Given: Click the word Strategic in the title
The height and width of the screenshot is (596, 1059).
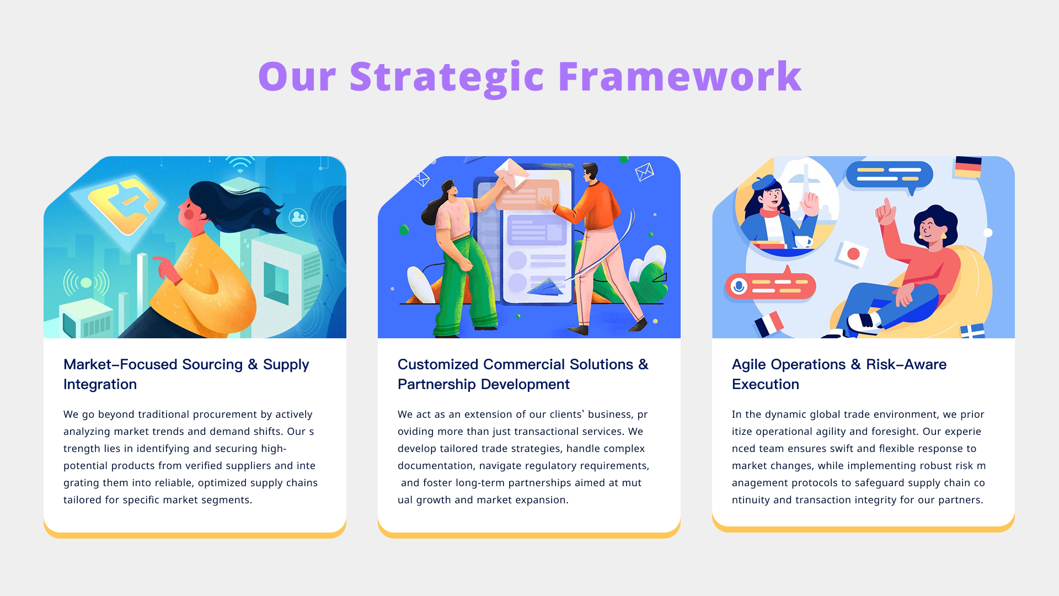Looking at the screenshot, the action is point(447,77).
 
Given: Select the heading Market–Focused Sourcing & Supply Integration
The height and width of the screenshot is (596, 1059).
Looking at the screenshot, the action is point(186,374).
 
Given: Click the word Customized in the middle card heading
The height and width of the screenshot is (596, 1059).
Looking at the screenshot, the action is point(438,364).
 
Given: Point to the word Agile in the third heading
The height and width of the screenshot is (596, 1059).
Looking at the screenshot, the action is point(749,365).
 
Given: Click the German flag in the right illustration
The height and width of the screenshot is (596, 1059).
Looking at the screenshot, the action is point(968,167).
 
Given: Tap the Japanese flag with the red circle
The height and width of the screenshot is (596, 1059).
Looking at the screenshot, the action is point(852,254).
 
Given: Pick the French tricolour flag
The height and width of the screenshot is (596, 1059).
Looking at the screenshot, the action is point(769,324).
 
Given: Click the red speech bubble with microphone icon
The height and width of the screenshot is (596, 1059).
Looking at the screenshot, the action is point(770,285).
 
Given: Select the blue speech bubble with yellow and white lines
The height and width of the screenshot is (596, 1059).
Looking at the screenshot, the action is point(889,175).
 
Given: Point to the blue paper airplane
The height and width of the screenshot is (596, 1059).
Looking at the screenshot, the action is point(546,286).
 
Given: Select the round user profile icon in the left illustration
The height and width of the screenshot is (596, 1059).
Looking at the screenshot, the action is point(298,217).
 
